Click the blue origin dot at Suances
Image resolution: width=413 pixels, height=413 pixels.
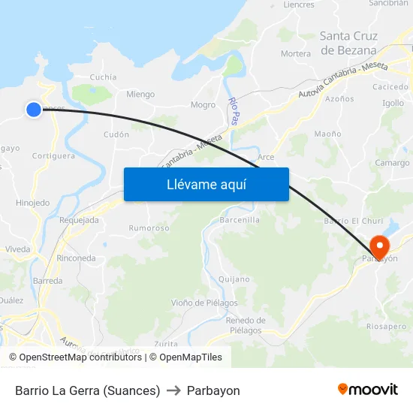click(x=34, y=110)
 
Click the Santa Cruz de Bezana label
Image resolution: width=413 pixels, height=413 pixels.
click(x=348, y=43)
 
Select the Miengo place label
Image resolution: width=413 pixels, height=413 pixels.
click(x=140, y=95)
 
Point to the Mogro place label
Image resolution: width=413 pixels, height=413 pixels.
click(x=203, y=105)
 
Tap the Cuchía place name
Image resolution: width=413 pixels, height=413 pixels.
click(x=103, y=77)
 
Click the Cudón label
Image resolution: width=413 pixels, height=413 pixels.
click(x=116, y=134)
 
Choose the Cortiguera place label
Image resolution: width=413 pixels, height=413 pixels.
click(x=53, y=156)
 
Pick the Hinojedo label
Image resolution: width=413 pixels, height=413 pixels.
click(x=32, y=203)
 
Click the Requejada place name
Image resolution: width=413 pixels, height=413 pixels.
click(x=79, y=220)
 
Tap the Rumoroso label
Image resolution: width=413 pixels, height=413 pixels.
click(x=149, y=228)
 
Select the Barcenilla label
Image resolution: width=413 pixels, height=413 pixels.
click(x=240, y=220)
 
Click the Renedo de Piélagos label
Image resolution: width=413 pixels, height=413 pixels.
click(x=245, y=325)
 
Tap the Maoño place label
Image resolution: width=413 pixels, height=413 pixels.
click(x=327, y=134)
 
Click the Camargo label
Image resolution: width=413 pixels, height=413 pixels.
click(x=392, y=163)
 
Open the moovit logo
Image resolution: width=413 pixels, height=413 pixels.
click(x=367, y=390)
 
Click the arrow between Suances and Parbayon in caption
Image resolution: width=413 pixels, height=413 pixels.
click(x=173, y=390)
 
